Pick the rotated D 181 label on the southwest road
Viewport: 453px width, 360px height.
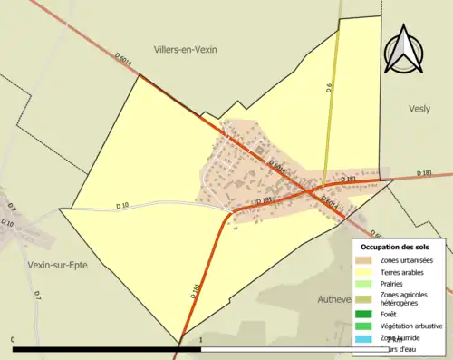click(x=196, y=291)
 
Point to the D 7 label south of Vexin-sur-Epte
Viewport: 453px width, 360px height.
click(x=37, y=295)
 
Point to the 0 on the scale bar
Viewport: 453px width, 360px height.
click(x=13, y=340)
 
